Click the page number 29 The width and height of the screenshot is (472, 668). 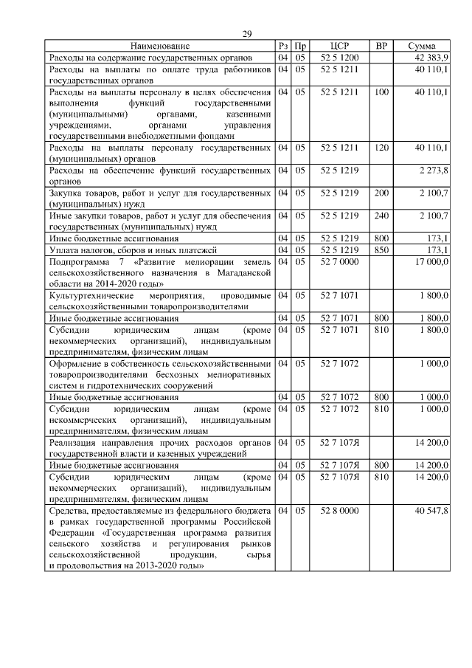[x=247, y=34]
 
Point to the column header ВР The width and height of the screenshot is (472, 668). [x=381, y=46]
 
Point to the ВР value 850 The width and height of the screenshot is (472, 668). [x=381, y=250]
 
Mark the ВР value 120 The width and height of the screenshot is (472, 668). [x=381, y=148]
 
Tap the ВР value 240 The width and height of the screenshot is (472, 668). [x=381, y=216]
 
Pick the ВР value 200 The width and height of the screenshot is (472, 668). [x=381, y=193]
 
